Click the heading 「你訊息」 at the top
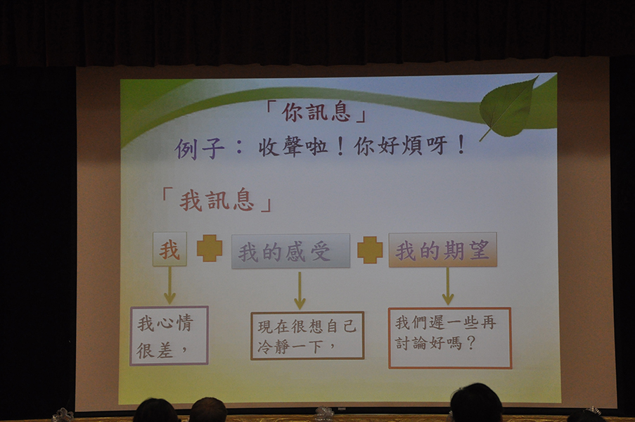pyautogui.click(x=315, y=112)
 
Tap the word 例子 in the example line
pyautogui.click(x=200, y=148)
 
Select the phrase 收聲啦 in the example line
pyautogui.click(x=293, y=146)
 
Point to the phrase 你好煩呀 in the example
pyautogui.click(x=401, y=146)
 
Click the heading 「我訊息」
pyautogui.click(x=217, y=200)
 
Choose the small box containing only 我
pyautogui.click(x=169, y=249)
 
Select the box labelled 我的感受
pyautogui.click(x=290, y=251)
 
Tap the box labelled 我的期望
pyautogui.click(x=442, y=250)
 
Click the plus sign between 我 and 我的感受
pyautogui.click(x=210, y=248)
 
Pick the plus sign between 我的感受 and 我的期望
pyautogui.click(x=370, y=250)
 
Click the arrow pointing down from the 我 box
pyautogui.click(x=169, y=285)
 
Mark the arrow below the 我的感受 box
pyautogui.click(x=300, y=290)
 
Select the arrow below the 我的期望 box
pyautogui.click(x=447, y=286)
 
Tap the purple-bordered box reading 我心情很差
pyautogui.click(x=169, y=335)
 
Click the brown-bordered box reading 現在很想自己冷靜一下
pyautogui.click(x=307, y=335)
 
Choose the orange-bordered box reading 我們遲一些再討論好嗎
pyautogui.click(x=450, y=338)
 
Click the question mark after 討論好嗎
pyautogui.click(x=470, y=343)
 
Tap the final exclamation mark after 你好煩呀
pyautogui.click(x=461, y=145)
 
